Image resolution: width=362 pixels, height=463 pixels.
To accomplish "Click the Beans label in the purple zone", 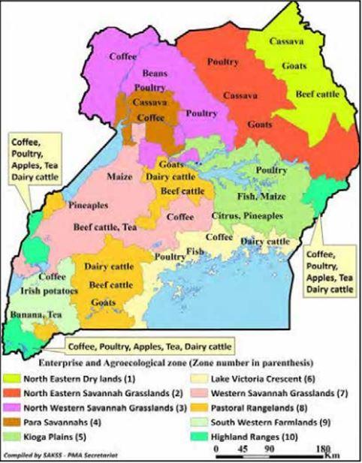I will (155, 74).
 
